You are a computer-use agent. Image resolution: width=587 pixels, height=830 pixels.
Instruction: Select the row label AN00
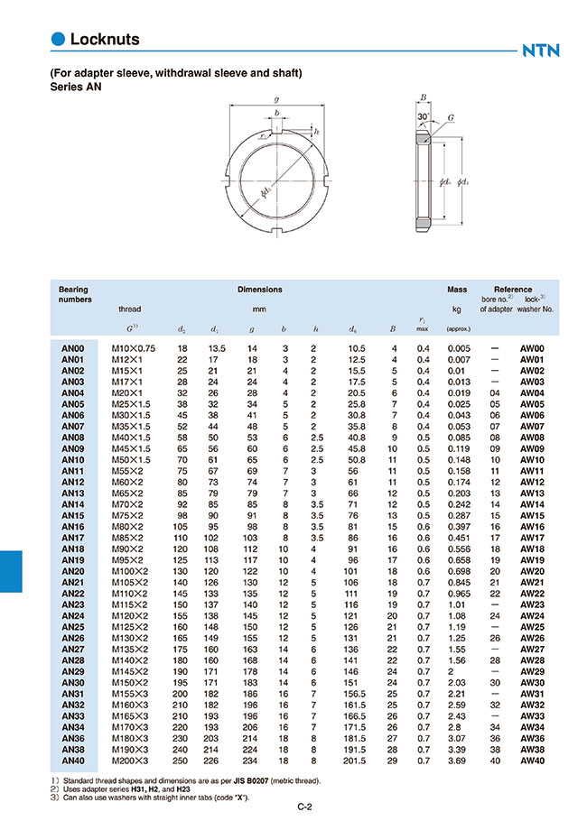72,348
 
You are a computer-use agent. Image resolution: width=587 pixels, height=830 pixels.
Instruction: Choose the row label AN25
72,627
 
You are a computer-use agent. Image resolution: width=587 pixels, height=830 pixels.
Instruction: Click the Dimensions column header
260,290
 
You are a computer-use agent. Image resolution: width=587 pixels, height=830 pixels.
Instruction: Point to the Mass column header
457,290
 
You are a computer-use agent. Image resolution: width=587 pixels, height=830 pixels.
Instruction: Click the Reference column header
513,290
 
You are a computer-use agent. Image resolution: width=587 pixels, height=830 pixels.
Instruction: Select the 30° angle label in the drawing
423,117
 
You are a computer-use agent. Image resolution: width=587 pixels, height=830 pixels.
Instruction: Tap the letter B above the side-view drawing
423,97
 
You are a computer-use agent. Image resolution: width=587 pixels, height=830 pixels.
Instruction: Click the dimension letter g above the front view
275,99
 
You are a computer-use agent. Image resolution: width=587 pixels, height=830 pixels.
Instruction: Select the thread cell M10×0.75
133,348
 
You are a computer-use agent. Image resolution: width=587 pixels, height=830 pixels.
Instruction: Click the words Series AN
76,88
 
